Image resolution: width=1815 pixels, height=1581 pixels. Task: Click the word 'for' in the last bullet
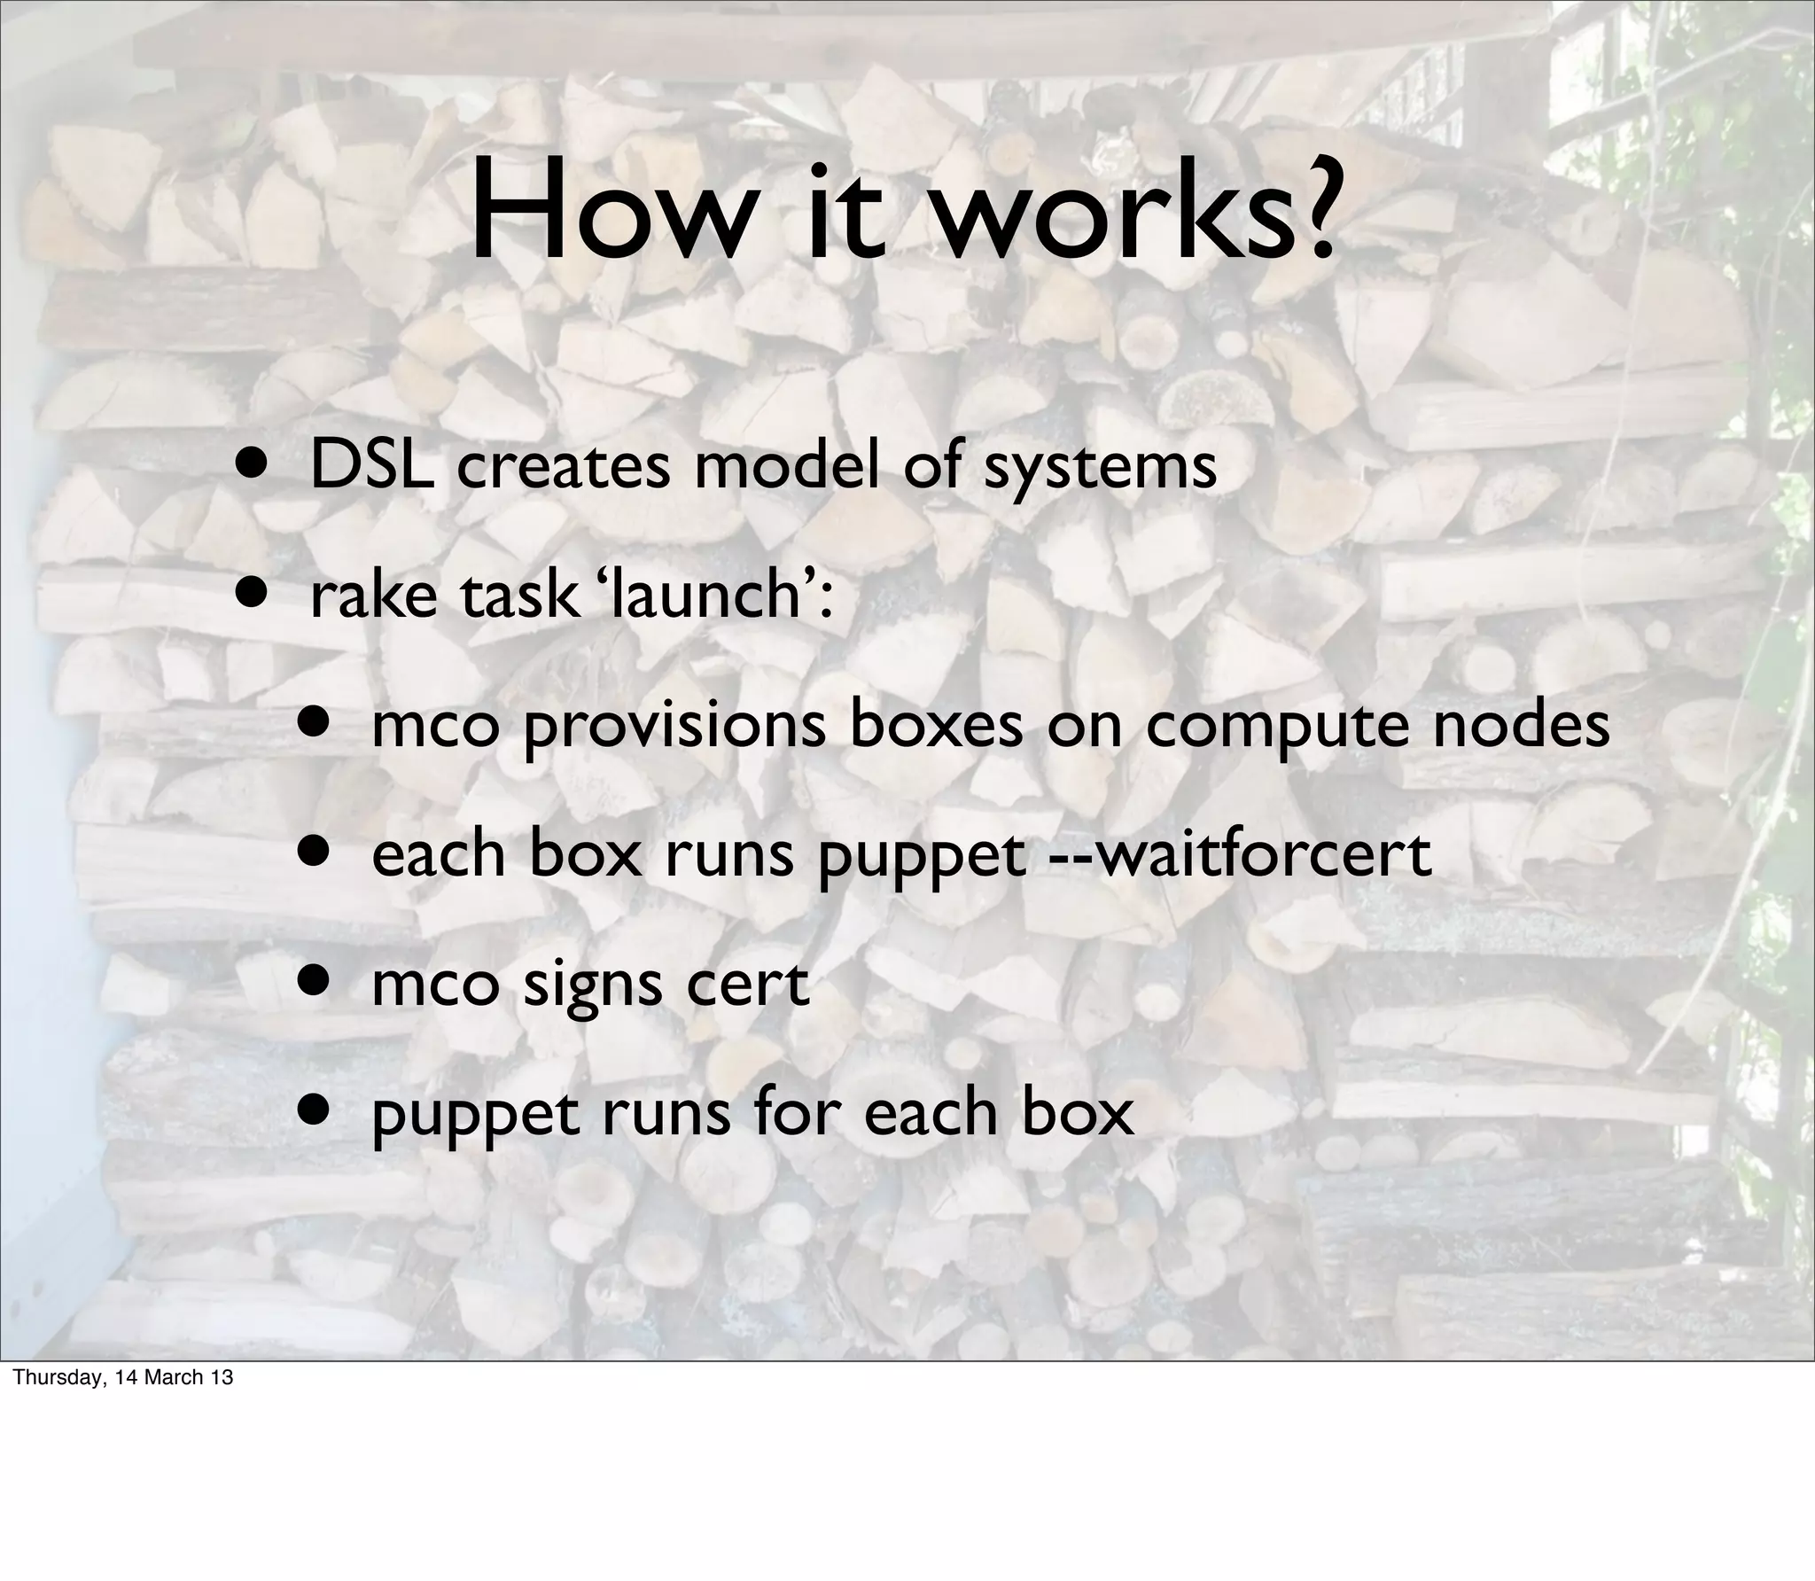tap(799, 1111)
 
